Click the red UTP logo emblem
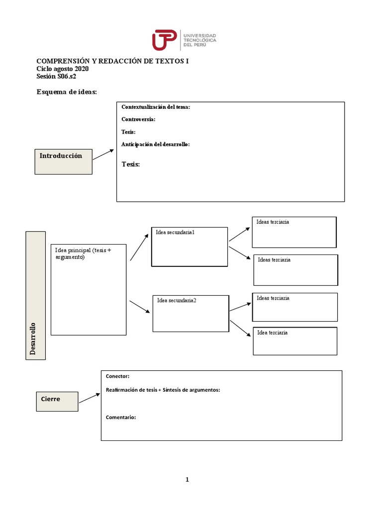(x=165, y=40)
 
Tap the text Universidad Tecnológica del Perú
(x=200, y=40)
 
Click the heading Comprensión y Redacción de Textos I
(x=112, y=61)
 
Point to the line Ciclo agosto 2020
(x=63, y=69)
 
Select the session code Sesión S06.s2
(x=56, y=77)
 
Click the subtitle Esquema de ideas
(x=67, y=92)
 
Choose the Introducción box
(x=63, y=161)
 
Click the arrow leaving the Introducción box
(x=103, y=154)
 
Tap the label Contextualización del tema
(x=156, y=107)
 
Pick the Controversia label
(x=138, y=119)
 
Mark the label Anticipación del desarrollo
(x=156, y=144)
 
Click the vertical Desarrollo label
(x=33, y=339)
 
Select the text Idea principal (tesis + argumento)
(x=83, y=254)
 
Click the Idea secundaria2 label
(x=177, y=300)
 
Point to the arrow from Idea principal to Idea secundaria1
(x=139, y=247)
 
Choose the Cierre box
(x=57, y=401)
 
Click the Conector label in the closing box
(x=117, y=377)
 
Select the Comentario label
(x=121, y=418)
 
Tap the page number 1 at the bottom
(x=187, y=480)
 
